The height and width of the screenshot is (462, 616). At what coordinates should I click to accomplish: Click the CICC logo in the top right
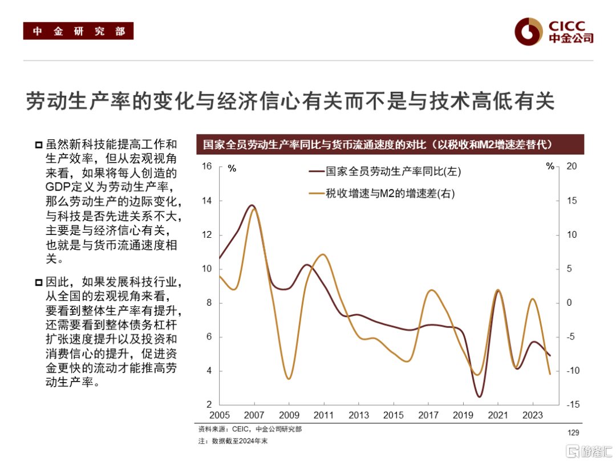[553, 31]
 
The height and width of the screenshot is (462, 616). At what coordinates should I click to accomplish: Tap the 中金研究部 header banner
[78, 31]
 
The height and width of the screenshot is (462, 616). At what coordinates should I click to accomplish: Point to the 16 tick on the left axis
[207, 167]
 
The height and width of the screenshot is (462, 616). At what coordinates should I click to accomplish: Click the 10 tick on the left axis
[207, 269]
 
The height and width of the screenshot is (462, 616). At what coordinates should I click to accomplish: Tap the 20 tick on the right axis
[570, 167]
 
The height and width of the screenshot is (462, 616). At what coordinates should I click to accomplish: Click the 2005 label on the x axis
[220, 415]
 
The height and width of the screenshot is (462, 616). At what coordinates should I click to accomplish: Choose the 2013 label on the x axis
[359, 415]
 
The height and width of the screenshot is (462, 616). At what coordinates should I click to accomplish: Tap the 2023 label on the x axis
[533, 415]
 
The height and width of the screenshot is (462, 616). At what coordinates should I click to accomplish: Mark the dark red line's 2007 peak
[252, 205]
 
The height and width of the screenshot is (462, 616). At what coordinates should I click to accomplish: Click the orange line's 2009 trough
[289, 379]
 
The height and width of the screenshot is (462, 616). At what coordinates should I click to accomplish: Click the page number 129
[573, 432]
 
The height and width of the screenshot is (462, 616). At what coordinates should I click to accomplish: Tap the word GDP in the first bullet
[58, 188]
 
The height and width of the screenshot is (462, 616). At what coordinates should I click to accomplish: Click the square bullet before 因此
[39, 282]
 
